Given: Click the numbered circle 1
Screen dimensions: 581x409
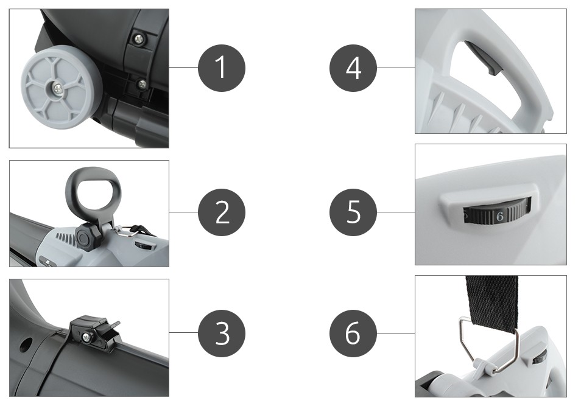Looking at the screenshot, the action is [222, 68].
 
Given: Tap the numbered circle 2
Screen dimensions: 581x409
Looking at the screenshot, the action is [222, 212].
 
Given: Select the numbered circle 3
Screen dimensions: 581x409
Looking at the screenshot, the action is [222, 333].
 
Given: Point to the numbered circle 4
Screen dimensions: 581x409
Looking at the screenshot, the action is [353, 68].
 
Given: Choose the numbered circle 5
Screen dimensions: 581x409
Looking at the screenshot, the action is [353, 212].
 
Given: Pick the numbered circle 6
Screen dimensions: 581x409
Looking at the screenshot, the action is [353, 333].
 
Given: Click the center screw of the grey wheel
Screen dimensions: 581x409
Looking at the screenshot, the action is [58, 88].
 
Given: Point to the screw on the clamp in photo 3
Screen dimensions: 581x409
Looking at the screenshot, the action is [86, 337].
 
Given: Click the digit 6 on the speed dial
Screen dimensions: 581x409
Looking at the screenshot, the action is [500, 217].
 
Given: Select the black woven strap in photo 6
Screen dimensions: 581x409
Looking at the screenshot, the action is [491, 302].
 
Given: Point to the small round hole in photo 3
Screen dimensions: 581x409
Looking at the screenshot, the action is [25, 346].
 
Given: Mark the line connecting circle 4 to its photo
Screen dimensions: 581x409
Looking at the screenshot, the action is [396, 68].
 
